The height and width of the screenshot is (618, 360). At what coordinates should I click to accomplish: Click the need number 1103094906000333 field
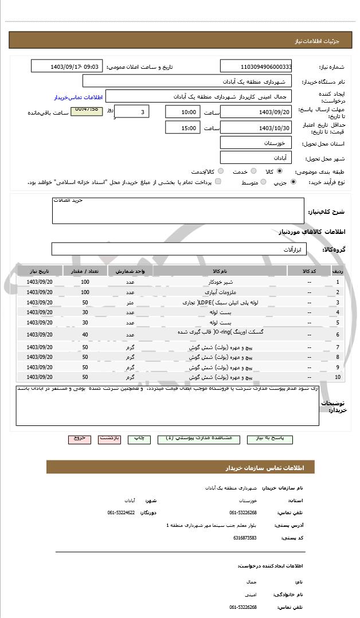(256, 67)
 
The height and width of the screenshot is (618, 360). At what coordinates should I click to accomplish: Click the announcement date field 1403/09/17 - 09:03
(68, 67)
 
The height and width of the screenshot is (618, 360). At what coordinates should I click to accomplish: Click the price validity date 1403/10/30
(256, 127)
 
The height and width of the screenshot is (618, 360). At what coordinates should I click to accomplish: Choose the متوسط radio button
(263, 182)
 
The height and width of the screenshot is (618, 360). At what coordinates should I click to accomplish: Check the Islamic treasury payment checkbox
(218, 182)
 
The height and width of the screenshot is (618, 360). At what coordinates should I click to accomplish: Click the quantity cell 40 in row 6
(85, 335)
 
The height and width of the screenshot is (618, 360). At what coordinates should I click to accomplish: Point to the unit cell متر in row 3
(130, 302)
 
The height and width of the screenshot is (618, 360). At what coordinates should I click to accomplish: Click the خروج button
(79, 439)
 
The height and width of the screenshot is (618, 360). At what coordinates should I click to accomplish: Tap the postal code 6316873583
(245, 538)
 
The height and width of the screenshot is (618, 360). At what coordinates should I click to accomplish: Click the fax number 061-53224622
(122, 513)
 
